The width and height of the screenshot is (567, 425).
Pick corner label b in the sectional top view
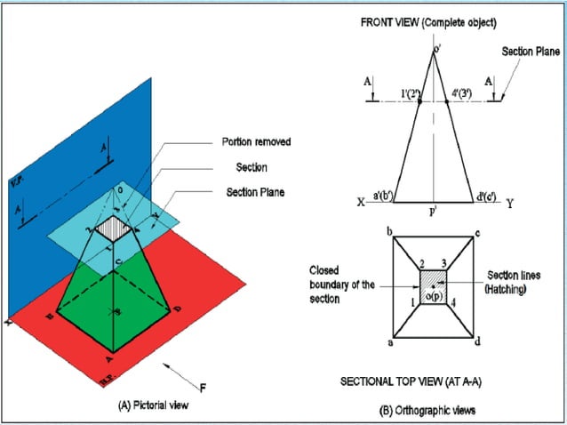coord(388,233)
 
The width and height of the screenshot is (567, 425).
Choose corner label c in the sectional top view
coord(478,233)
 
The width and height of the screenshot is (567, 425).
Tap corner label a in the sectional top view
coord(388,342)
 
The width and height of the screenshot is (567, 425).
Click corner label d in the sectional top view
coord(478,342)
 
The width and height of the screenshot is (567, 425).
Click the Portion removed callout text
coord(256,141)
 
